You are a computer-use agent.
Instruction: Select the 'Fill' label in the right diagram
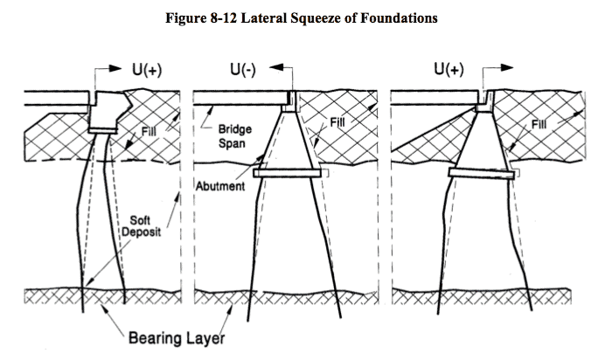(540, 127)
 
